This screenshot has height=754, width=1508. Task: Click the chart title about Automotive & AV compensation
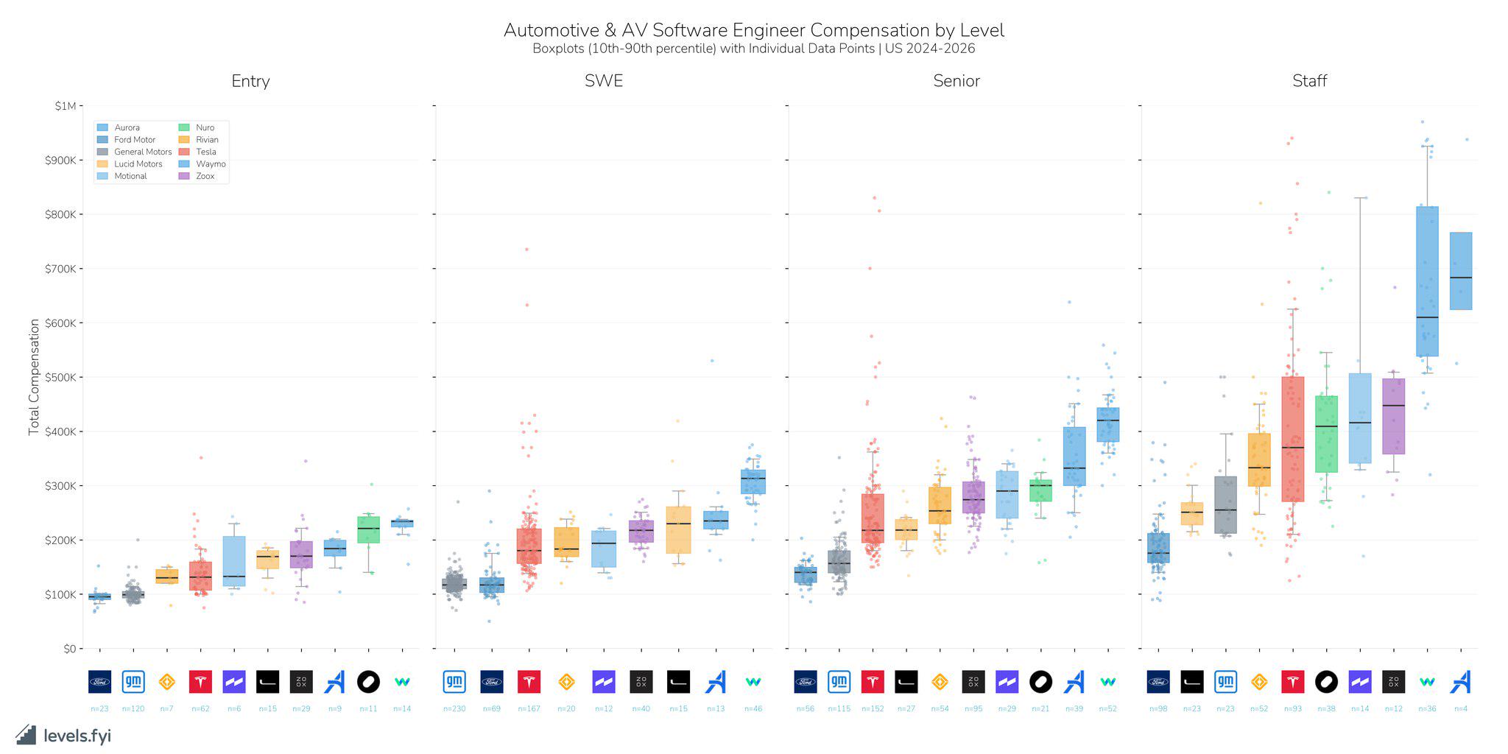(x=753, y=30)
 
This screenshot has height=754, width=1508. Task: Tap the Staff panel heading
(x=1309, y=81)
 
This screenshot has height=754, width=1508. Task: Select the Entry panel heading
(x=250, y=81)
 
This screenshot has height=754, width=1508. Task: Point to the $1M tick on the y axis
(x=65, y=106)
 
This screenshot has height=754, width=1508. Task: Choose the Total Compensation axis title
(x=34, y=377)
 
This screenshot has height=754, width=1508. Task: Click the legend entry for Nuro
(x=204, y=127)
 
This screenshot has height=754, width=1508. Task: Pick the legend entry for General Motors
(x=142, y=152)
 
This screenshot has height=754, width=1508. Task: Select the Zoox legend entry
(x=205, y=176)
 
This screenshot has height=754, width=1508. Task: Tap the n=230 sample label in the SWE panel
(x=454, y=708)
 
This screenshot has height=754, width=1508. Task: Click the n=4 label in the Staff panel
(x=1461, y=708)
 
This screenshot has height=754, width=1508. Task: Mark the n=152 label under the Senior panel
(x=873, y=708)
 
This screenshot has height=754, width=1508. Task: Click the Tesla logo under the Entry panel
(x=200, y=682)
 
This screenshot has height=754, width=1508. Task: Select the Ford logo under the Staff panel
(x=1158, y=682)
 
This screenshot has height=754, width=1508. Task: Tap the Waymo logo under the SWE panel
(x=753, y=682)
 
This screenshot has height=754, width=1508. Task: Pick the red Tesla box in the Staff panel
(x=1292, y=439)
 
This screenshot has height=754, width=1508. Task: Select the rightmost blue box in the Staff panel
(x=1461, y=271)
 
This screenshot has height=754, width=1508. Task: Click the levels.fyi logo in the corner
(x=63, y=735)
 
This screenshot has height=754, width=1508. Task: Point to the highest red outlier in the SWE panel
(x=526, y=249)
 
